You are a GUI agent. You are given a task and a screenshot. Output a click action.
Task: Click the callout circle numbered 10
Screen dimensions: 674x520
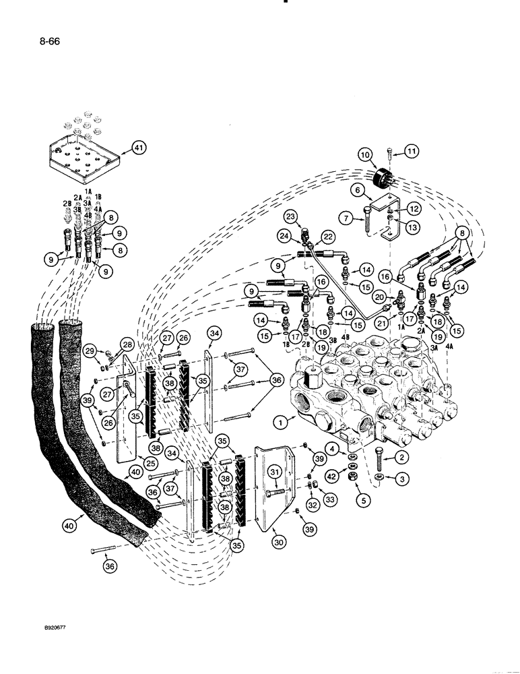366,155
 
